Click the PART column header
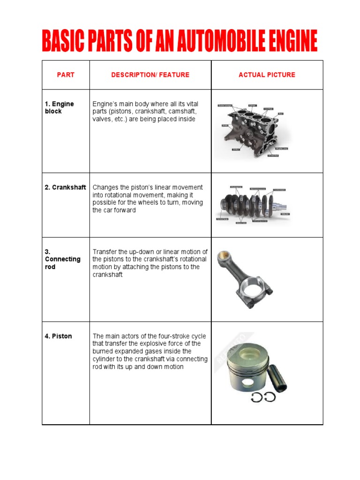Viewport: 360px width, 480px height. [66, 75]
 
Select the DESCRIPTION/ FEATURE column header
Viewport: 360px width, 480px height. [150, 75]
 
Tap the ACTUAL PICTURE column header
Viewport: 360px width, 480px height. [267, 75]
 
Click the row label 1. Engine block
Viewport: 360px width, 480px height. [60, 107]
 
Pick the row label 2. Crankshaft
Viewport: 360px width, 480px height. [66, 187]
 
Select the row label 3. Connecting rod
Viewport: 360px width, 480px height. [62, 259]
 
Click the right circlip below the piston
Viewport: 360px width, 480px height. [270, 397]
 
